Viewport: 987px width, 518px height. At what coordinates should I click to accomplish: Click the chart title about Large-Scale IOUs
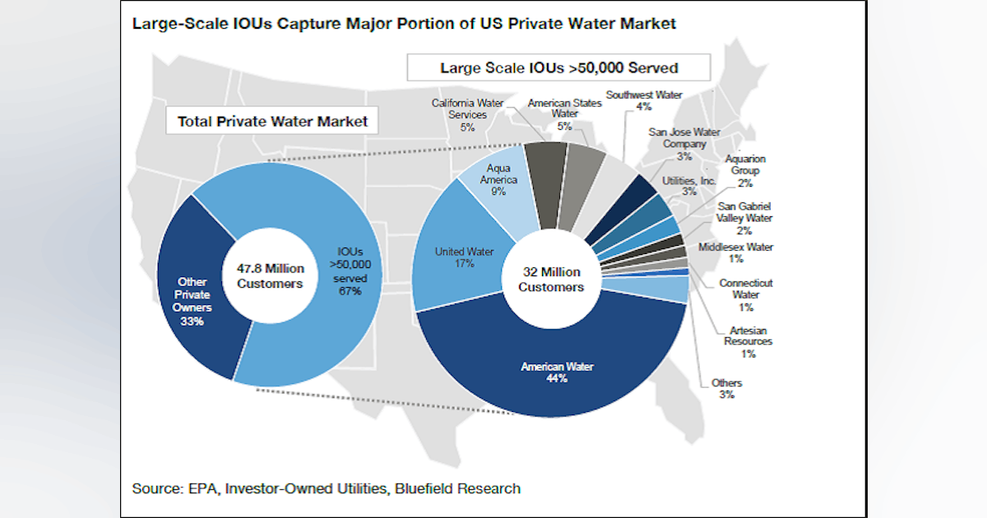pyautogui.click(x=404, y=24)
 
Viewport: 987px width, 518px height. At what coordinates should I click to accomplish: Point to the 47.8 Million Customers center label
pyautogui.click(x=270, y=275)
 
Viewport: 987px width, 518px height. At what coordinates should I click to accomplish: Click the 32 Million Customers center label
pyautogui.click(x=550, y=280)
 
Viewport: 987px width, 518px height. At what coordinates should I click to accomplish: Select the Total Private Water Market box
pyautogui.click(x=272, y=122)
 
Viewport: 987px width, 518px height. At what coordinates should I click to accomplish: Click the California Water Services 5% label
pyautogui.click(x=467, y=115)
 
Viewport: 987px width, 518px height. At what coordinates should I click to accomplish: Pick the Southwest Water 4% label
pyautogui.click(x=644, y=100)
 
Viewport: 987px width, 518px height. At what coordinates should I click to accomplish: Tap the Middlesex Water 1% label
pyautogui.click(x=735, y=252)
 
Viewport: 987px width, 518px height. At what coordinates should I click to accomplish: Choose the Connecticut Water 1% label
pyautogui.click(x=745, y=294)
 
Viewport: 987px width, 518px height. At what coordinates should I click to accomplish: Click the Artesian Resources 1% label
pyautogui.click(x=745, y=341)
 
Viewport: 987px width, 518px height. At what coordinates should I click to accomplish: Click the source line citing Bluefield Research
pyautogui.click(x=327, y=488)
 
